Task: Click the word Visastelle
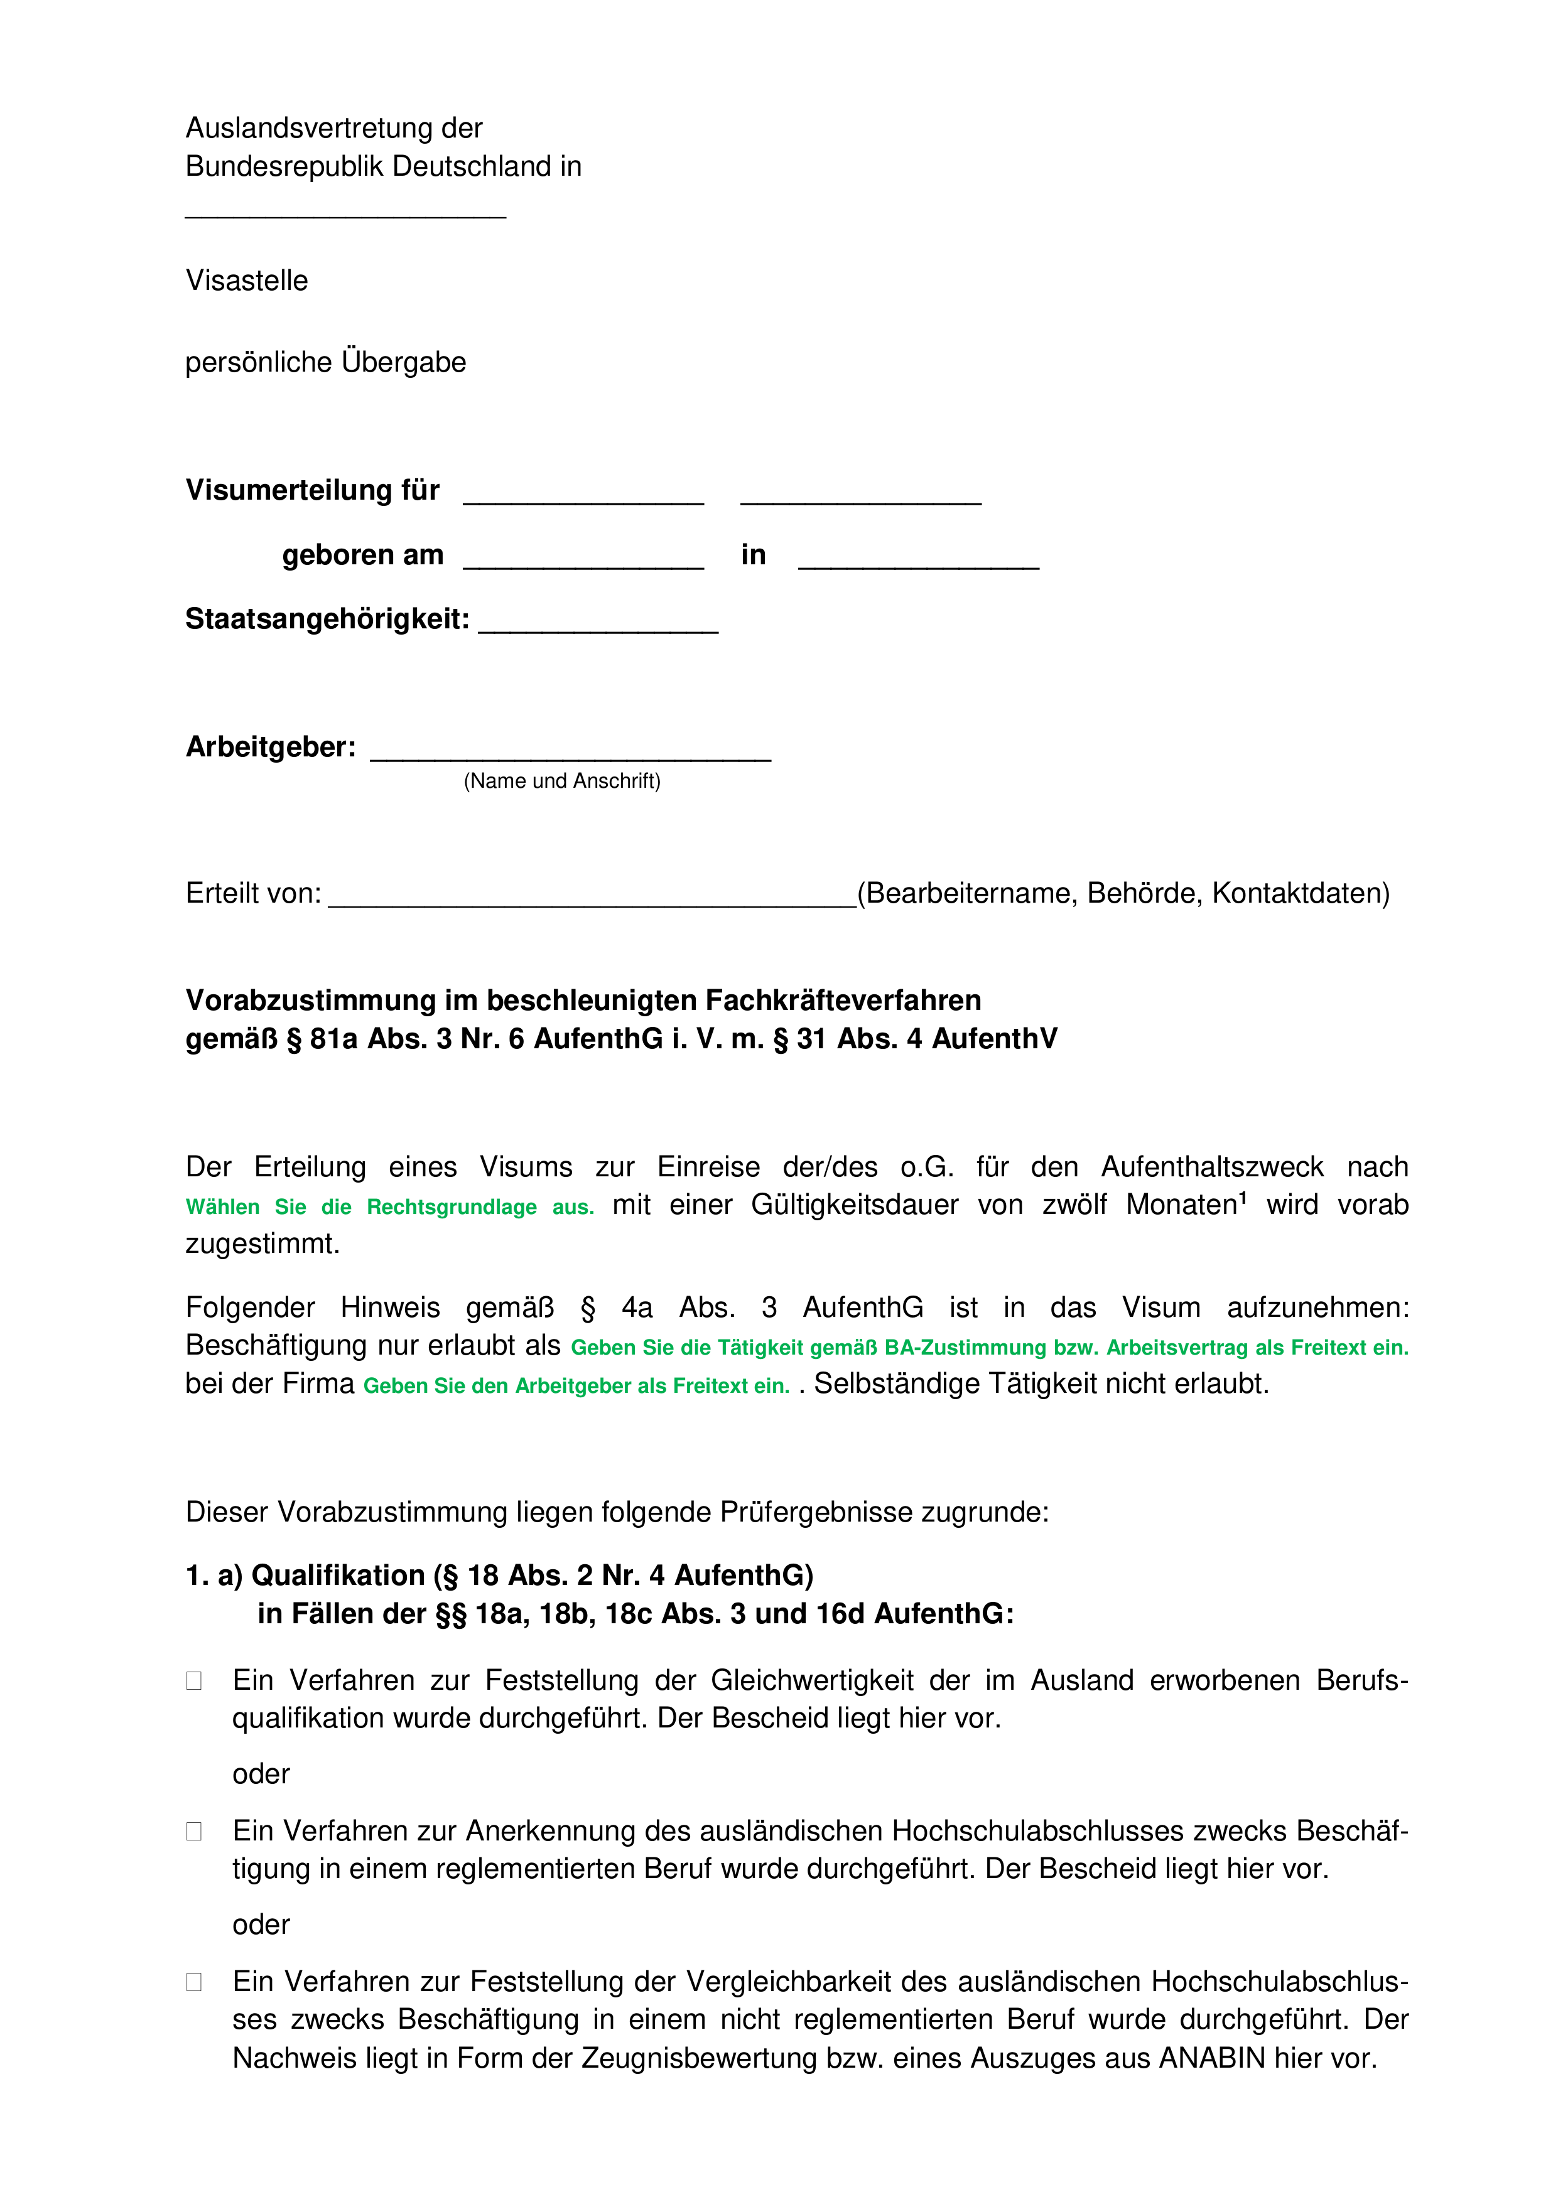[x=247, y=281]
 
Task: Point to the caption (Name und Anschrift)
[x=562, y=781]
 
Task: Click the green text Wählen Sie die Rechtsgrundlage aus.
[x=389, y=1208]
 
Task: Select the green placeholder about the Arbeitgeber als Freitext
[x=576, y=1386]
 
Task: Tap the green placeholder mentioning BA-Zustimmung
[x=989, y=1348]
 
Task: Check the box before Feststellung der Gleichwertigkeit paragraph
[x=194, y=1681]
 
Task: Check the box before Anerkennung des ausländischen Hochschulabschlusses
[x=194, y=1832]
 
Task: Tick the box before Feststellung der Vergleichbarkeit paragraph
[x=194, y=1982]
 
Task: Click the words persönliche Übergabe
[x=325, y=363]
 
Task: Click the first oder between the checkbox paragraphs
[x=261, y=1775]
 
